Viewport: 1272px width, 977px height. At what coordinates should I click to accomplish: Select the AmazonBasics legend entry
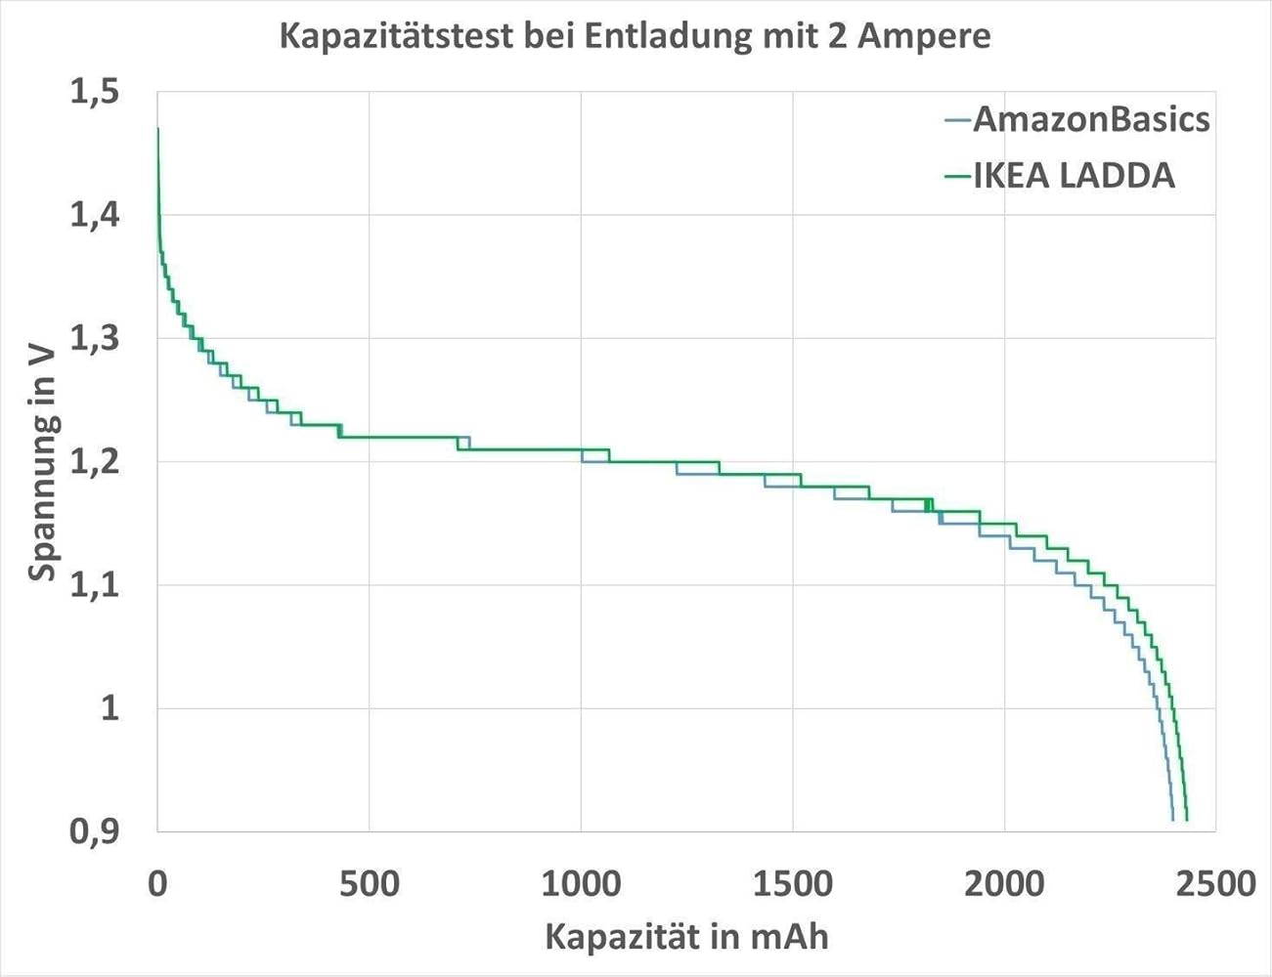tap(1091, 119)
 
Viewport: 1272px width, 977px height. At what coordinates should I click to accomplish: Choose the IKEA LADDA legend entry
tap(1074, 176)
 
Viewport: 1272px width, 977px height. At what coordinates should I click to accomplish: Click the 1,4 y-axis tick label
tap(94, 215)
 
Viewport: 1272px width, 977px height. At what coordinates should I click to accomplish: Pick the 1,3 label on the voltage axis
tap(94, 338)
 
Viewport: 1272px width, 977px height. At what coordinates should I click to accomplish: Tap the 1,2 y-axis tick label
tap(94, 461)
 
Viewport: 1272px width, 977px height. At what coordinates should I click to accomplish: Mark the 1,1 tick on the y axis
tap(94, 584)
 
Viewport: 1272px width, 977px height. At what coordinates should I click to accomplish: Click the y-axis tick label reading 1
tap(110, 707)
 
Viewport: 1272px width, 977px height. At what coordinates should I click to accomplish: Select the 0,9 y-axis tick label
tap(94, 830)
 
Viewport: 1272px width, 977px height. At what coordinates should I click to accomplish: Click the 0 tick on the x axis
tap(157, 884)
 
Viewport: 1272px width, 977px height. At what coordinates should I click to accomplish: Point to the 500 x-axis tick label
tap(369, 884)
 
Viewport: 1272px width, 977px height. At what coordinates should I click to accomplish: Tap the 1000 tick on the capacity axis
tap(581, 884)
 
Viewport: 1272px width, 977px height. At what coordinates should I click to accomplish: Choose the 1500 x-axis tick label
tap(793, 884)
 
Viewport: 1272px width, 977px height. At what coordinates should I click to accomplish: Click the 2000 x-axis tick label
tap(1004, 884)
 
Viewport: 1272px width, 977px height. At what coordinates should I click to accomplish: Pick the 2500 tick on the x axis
tap(1215, 884)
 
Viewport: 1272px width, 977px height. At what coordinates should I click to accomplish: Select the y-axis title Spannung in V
tap(43, 461)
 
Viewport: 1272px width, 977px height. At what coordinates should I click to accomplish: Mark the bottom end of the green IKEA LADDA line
tap(1186, 819)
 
